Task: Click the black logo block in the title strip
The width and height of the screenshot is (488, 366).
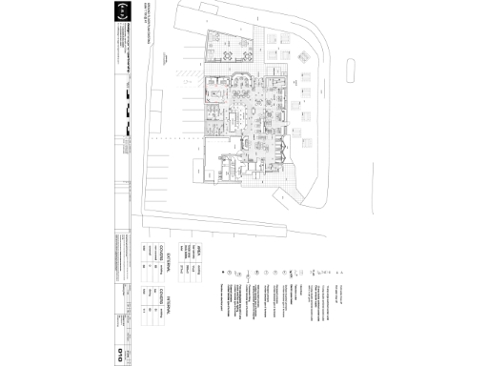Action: [119, 13]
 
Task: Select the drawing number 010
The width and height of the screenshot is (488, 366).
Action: [119, 355]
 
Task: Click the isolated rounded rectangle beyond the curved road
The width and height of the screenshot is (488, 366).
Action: [352, 68]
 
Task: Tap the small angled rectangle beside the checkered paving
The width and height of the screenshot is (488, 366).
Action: [284, 196]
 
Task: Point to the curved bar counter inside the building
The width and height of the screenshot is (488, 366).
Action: [242, 84]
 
